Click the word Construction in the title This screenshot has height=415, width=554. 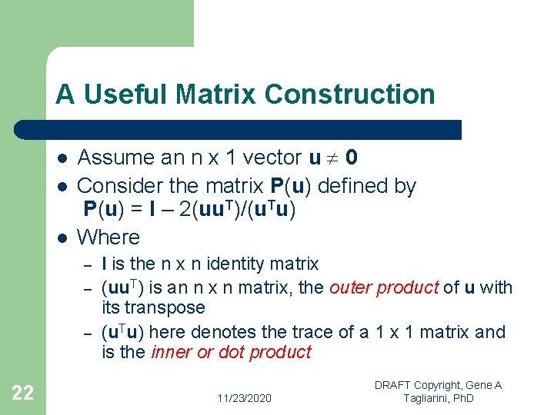tap(349, 95)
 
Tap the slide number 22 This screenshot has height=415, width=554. tap(23, 393)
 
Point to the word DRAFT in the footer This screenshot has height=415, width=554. tap(394, 385)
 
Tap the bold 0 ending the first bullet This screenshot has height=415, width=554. tap(351, 158)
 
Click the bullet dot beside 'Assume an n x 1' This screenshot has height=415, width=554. tap(61, 158)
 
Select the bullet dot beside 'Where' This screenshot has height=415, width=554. tap(61, 237)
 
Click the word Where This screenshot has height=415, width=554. tap(109, 237)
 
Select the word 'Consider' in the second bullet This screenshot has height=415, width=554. tap(113, 186)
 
